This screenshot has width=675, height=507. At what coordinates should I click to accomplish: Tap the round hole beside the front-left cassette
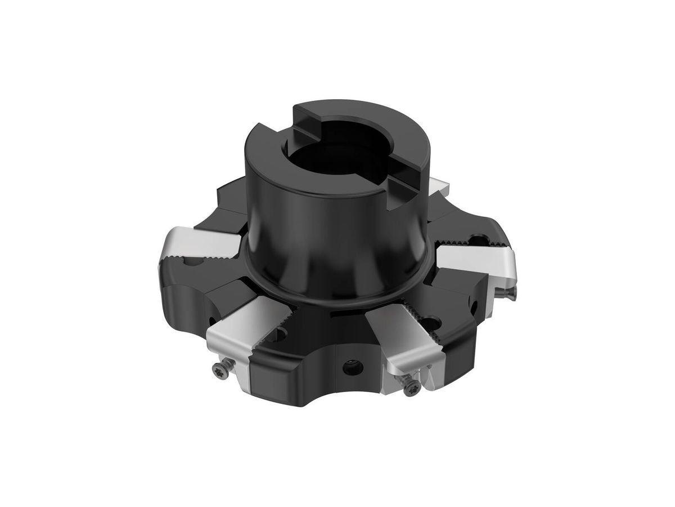click(x=278, y=336)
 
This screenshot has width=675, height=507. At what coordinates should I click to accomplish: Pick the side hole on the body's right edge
click(x=474, y=307)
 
